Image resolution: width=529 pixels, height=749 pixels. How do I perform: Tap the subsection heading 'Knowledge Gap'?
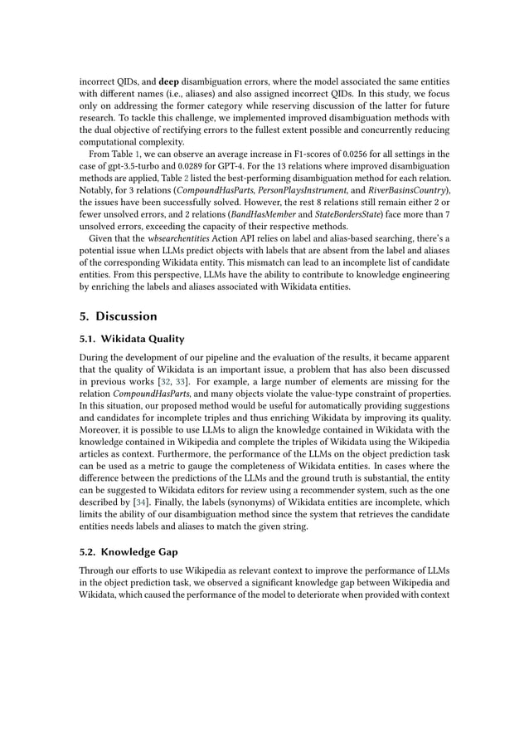click(129, 552)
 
